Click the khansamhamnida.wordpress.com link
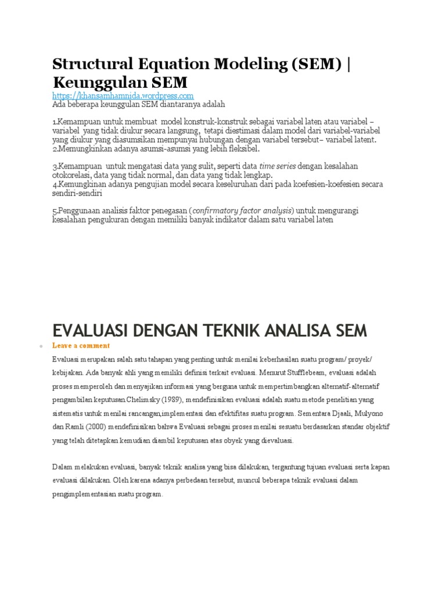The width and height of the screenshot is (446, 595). coord(123,95)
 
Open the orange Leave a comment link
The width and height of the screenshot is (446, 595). coord(77,346)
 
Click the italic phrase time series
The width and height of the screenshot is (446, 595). coord(277,166)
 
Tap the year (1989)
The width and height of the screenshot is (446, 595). coord(202,400)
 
